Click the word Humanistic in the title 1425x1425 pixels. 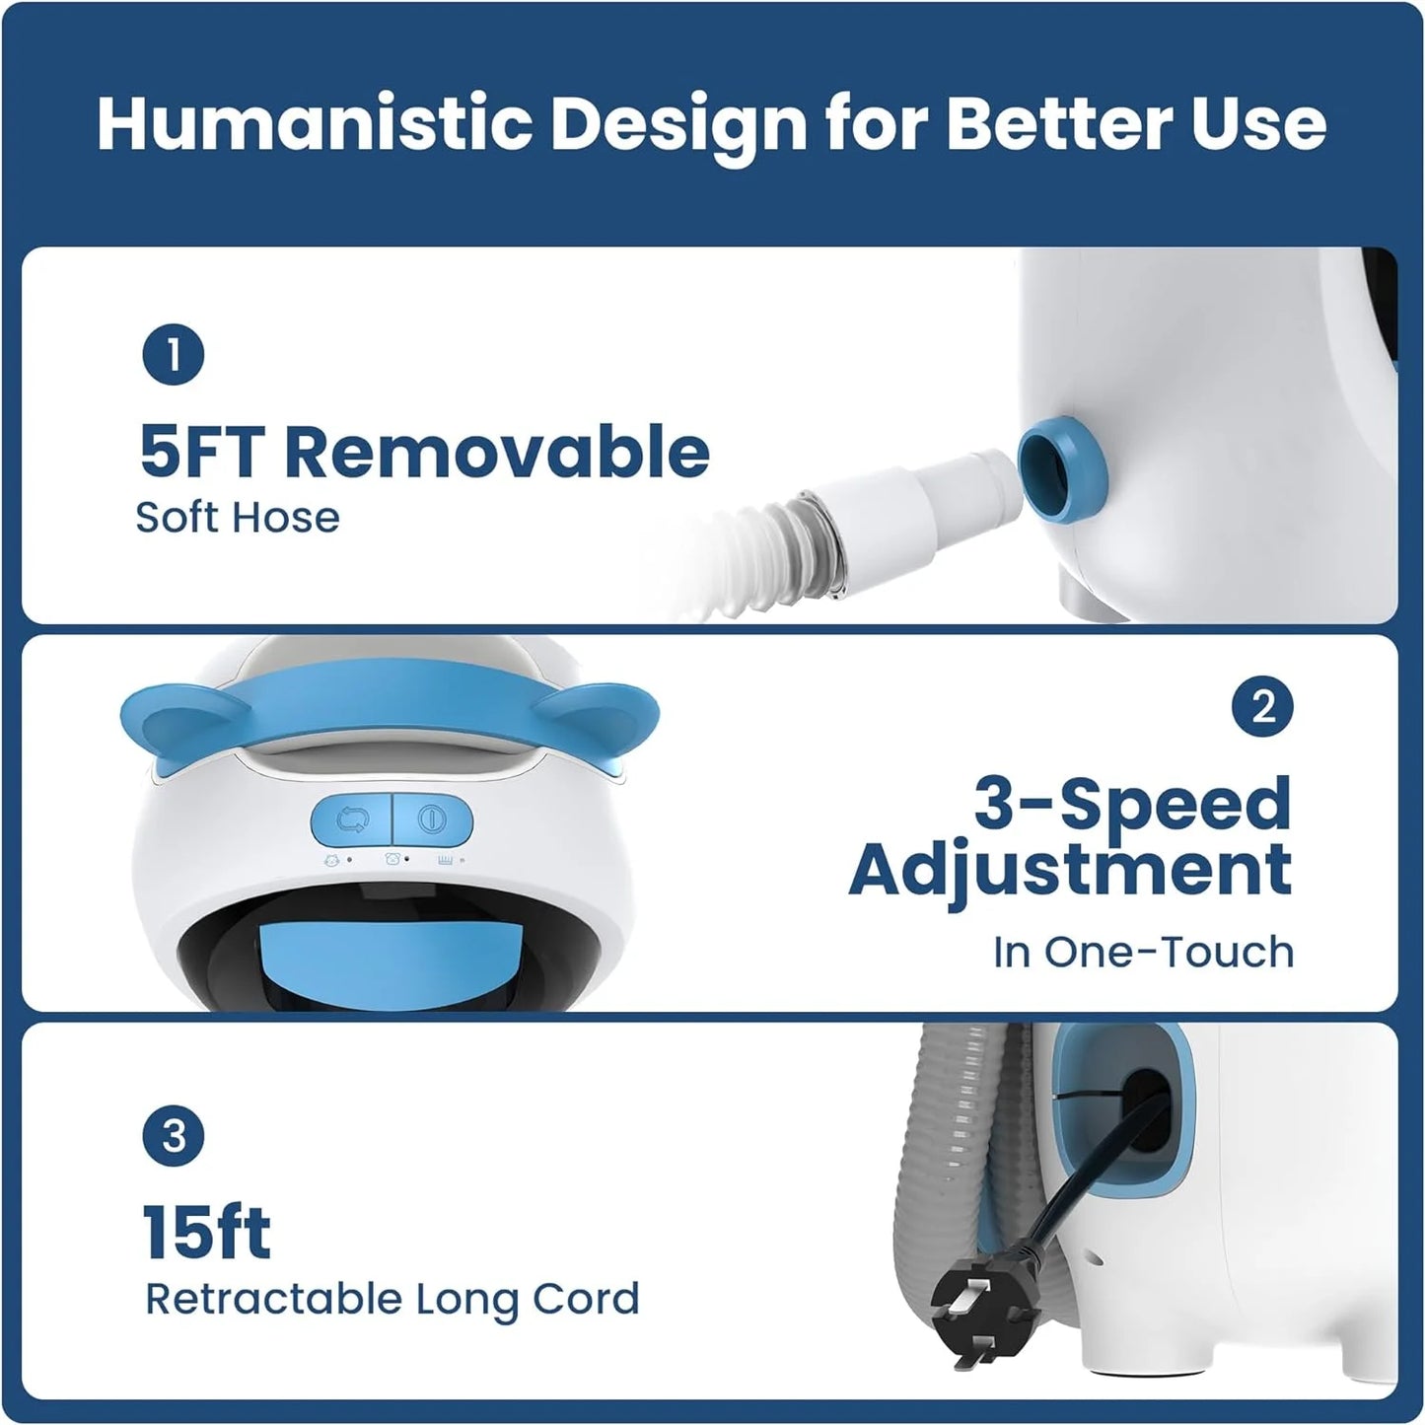(315, 123)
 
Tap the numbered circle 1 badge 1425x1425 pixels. (173, 355)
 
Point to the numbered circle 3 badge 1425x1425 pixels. (173, 1136)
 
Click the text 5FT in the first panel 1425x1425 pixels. (203, 452)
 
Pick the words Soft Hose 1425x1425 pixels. (238, 518)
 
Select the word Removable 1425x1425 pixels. (497, 452)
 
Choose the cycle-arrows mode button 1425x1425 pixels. (352, 819)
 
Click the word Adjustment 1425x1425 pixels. (1070, 869)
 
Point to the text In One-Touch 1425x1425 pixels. (1143, 952)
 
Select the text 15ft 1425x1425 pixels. (206, 1232)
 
